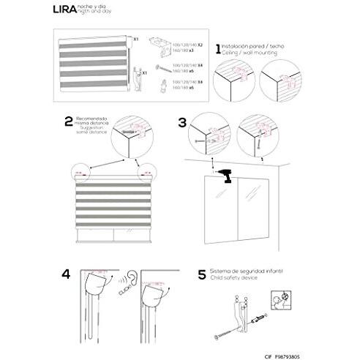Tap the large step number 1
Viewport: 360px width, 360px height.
[x=217, y=50]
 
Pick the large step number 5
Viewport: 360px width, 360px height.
[x=201, y=277]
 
